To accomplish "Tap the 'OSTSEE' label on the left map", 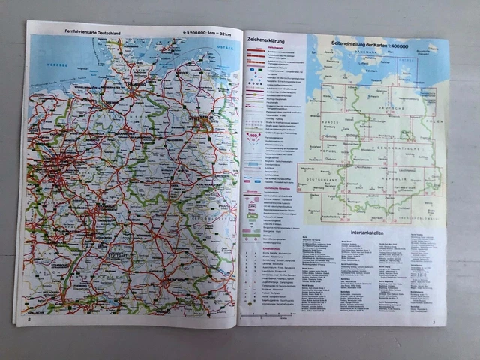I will tap(225, 49).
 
